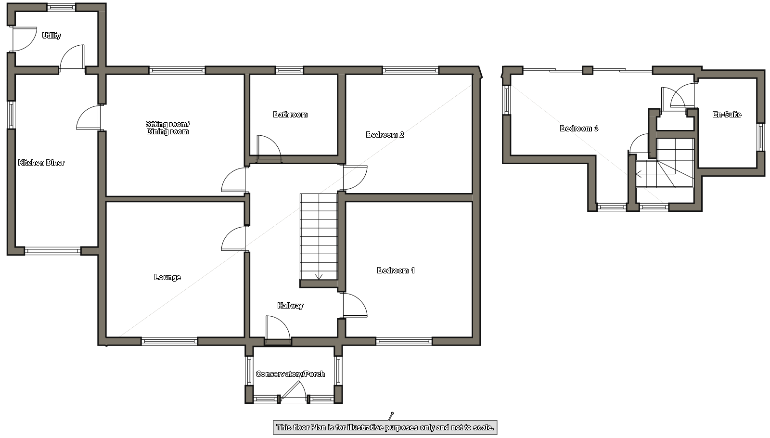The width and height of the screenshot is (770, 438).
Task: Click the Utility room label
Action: [x=51, y=36]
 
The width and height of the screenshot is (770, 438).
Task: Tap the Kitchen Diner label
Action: [x=41, y=163]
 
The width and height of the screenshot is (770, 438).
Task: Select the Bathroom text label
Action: [x=290, y=115]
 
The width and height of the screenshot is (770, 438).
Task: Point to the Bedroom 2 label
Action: [x=385, y=135]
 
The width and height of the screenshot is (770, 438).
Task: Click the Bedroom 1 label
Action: [x=396, y=271]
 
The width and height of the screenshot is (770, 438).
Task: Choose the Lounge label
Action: [x=167, y=277]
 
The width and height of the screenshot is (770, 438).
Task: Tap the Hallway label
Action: [x=291, y=306]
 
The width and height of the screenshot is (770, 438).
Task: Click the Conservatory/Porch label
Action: [x=291, y=374]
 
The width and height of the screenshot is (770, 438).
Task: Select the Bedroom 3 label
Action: [x=579, y=129]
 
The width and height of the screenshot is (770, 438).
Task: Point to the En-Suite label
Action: [x=727, y=115]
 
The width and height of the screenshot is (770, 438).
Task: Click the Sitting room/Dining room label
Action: [x=168, y=128]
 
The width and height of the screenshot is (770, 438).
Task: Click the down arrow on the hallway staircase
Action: [x=319, y=276]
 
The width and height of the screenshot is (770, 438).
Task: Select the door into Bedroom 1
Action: [x=356, y=305]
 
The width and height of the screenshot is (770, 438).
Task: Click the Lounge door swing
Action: [x=233, y=238]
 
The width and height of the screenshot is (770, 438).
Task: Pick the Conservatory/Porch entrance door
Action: [x=293, y=392]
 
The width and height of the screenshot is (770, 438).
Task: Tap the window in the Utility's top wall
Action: [x=61, y=7]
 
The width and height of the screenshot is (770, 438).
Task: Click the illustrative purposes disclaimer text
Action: [x=385, y=428]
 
